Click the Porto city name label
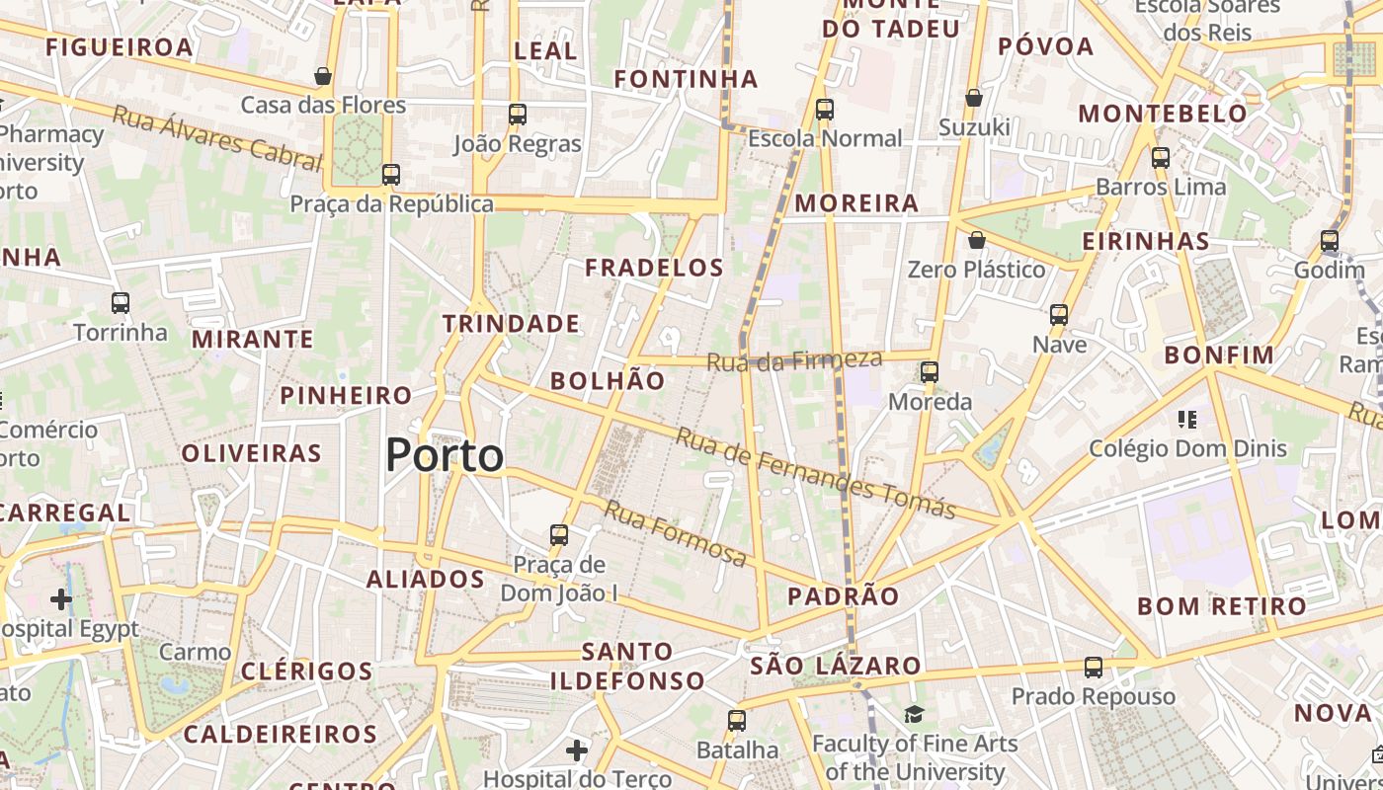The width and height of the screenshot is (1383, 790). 445,455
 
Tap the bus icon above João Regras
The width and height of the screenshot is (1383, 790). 518,114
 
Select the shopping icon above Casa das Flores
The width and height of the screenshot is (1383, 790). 323,76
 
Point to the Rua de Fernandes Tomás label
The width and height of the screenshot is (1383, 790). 815,473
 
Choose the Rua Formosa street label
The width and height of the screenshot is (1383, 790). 676,534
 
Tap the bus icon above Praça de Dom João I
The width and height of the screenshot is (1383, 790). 559,535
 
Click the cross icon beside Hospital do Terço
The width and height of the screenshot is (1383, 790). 577,751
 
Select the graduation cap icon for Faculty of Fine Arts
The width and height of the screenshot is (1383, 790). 915,713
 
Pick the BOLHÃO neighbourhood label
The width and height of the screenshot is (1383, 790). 608,380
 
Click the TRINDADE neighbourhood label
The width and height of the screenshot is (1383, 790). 511,323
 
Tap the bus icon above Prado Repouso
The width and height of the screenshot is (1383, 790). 1094,667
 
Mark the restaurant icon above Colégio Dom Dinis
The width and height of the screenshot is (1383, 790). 1187,420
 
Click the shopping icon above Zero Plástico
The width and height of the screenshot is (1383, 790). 977,240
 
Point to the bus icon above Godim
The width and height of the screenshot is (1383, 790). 1330,241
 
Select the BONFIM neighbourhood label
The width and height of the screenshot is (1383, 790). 1219,355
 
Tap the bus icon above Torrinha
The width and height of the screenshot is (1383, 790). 121,303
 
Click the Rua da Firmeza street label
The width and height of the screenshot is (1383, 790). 794,360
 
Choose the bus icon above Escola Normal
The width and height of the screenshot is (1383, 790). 825,109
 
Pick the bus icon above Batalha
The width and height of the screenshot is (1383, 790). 737,721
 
